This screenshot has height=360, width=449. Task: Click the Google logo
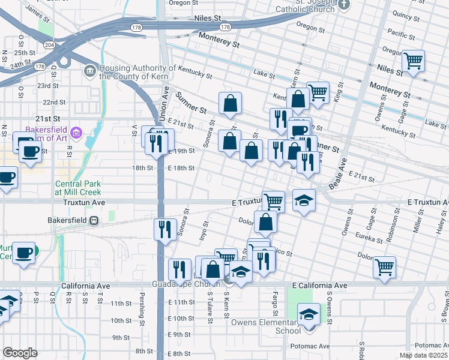click(20, 353)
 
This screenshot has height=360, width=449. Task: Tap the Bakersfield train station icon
click(94, 220)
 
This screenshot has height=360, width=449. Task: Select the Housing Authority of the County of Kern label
click(137, 72)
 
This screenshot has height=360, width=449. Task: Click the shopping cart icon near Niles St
click(413, 61)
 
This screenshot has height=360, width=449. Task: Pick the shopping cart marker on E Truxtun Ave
click(273, 201)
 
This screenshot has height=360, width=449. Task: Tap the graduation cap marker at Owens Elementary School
click(309, 313)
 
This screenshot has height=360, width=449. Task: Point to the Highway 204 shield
click(49, 45)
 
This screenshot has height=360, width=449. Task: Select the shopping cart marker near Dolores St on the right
click(384, 267)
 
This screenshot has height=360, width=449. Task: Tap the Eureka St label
click(369, 238)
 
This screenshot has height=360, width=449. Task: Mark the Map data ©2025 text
click(423, 355)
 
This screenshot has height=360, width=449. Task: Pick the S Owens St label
click(329, 304)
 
